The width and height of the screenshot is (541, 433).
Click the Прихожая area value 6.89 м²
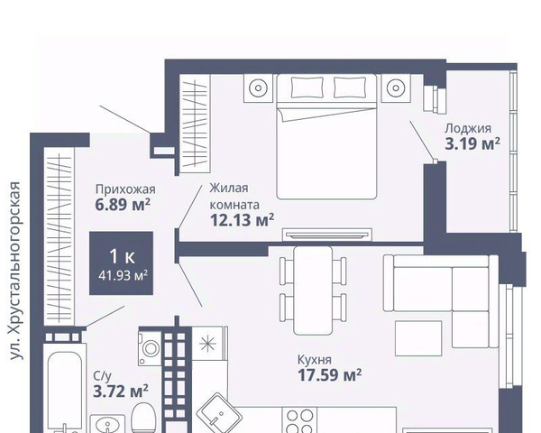123,205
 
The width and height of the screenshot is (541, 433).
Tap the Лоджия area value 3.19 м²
472,143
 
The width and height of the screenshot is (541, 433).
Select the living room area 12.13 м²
242,220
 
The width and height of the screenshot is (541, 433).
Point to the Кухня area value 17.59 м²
329,375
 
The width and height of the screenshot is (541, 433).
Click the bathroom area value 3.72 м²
121,392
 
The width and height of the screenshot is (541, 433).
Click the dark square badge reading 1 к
121,263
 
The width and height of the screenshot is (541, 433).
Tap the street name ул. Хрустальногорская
15,271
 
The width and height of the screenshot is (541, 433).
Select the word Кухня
315,360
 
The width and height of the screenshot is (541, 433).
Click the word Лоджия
467,128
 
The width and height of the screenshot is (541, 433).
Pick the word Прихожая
125,189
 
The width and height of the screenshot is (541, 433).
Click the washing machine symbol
150,347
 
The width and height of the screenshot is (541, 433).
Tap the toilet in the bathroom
144,418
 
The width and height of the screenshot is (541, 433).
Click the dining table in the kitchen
313,290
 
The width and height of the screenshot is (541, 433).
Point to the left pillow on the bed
307,88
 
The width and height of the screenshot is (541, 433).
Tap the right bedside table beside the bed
396,88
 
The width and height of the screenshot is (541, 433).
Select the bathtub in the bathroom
65,391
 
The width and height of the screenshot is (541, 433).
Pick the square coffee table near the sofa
418,338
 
